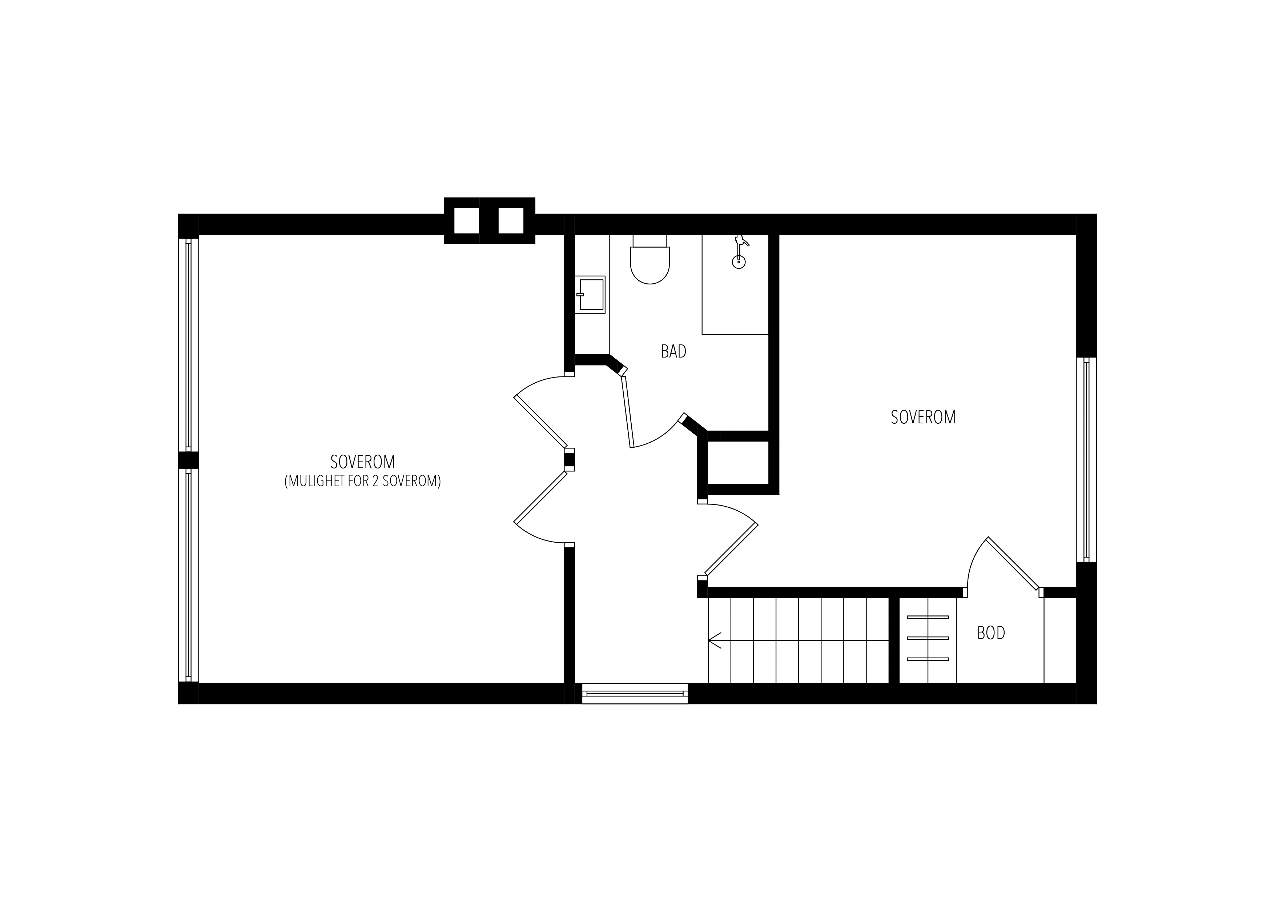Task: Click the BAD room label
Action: click(x=673, y=351)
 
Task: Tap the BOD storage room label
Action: click(x=991, y=633)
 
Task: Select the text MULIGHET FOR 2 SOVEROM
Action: click(x=363, y=481)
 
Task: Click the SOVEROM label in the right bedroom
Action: click(x=923, y=418)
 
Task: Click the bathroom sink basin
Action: click(x=590, y=295)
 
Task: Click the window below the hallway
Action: click(x=635, y=694)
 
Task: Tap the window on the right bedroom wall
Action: click(x=1086, y=460)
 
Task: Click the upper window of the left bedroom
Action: click(x=188, y=344)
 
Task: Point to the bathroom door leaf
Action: click(x=628, y=412)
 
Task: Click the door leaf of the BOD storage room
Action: click(x=1012, y=563)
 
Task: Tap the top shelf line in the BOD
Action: click(x=928, y=617)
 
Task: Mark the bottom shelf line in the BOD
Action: click(x=928, y=659)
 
